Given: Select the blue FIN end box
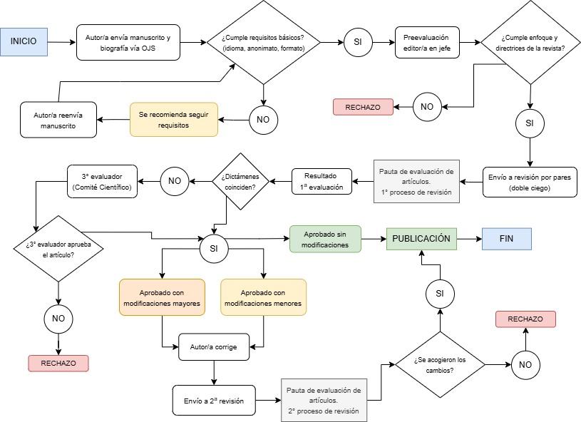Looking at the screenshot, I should coord(506,239).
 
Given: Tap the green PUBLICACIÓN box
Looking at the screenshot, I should coord(421,239).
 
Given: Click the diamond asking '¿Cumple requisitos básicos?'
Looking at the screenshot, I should coord(263,43).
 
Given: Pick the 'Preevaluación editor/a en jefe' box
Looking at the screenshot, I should coord(427,42).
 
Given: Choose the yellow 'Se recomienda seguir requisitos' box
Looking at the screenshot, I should coord(173,118).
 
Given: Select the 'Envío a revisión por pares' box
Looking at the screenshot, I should coord(530,181).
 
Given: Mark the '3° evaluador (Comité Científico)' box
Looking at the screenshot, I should coord(101,180).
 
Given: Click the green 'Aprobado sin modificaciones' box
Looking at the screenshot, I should coord(326,239).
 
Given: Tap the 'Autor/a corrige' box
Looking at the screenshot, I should coord(213,347).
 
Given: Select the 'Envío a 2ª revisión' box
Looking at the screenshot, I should coord(213,400).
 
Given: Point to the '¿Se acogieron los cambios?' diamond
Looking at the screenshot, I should coord(440,365).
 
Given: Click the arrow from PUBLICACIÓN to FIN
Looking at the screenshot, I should coord(468,239).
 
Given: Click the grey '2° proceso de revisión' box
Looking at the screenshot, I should coord(324,401).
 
